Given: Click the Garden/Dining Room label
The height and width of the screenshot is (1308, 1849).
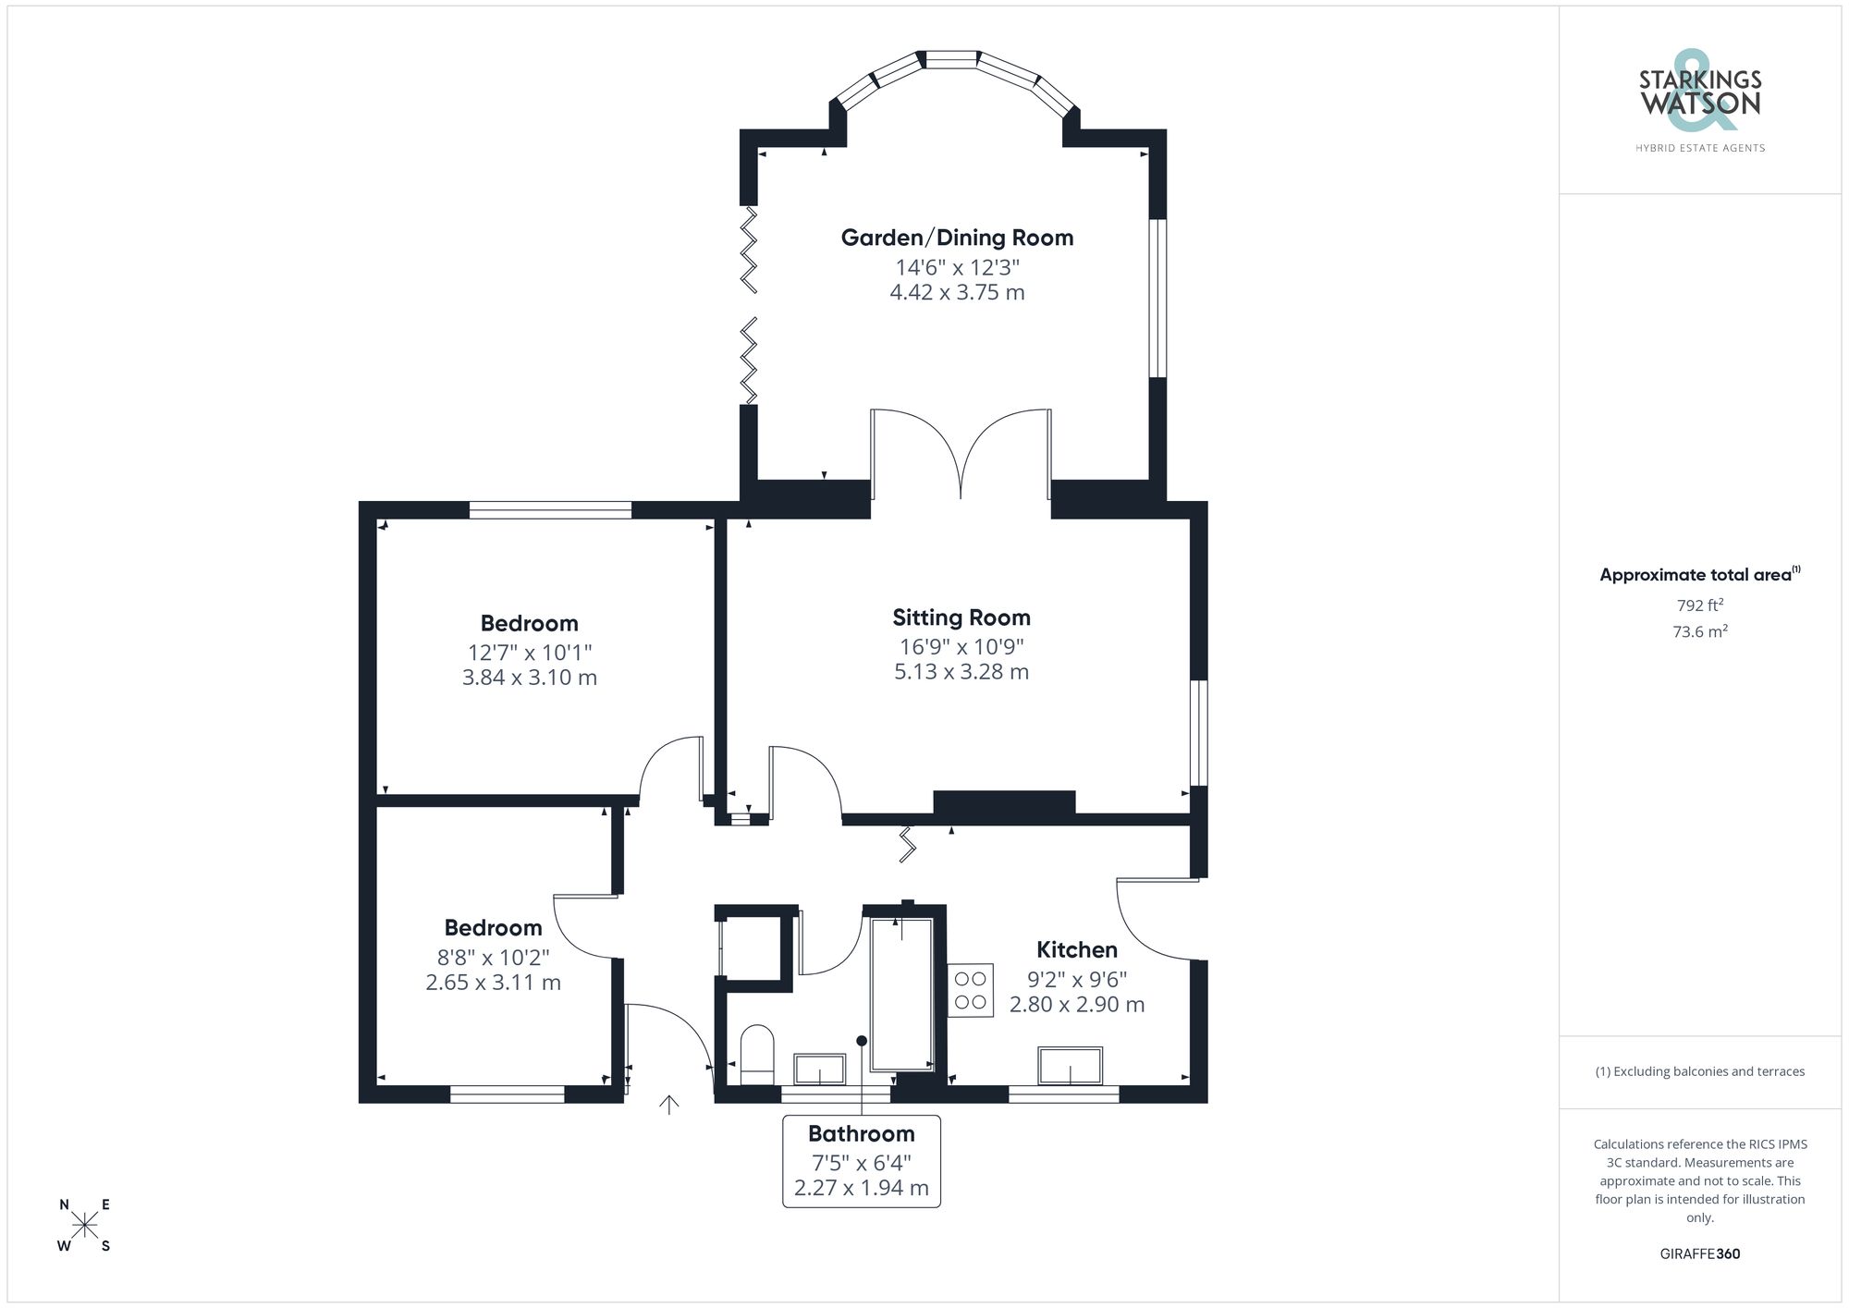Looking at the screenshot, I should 957,238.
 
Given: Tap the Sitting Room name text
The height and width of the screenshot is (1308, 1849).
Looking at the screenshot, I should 961,617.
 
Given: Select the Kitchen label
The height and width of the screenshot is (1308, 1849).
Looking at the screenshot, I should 1076,949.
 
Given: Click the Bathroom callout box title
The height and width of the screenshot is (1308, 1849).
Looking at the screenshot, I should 861,1133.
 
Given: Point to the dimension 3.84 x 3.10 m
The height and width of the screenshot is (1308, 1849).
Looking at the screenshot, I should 529,678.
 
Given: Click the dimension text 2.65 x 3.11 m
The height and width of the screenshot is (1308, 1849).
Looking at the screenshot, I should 493,983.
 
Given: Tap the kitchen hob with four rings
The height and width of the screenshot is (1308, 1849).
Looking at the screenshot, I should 970,990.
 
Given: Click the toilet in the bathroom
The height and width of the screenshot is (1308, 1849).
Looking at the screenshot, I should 757,1054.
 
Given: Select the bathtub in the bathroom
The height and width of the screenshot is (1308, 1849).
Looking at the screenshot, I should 901,994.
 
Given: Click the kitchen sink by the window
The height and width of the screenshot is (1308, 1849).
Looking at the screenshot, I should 1070,1066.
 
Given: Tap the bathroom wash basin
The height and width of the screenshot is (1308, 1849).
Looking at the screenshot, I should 819,1069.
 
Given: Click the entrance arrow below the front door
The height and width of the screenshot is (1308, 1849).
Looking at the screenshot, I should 668,1105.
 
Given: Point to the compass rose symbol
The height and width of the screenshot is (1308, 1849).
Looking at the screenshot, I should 85,1226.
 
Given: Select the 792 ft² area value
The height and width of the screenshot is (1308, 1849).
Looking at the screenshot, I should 1699,606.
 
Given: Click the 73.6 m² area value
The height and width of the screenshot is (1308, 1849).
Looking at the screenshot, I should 1699,632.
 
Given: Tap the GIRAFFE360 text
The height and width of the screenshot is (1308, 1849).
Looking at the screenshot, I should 1699,1254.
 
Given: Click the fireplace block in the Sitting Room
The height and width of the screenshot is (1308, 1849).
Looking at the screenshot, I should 1004,802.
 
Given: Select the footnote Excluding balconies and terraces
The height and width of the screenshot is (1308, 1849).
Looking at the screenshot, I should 1699,1072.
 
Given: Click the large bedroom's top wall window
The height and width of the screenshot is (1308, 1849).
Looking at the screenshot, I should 550,509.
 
